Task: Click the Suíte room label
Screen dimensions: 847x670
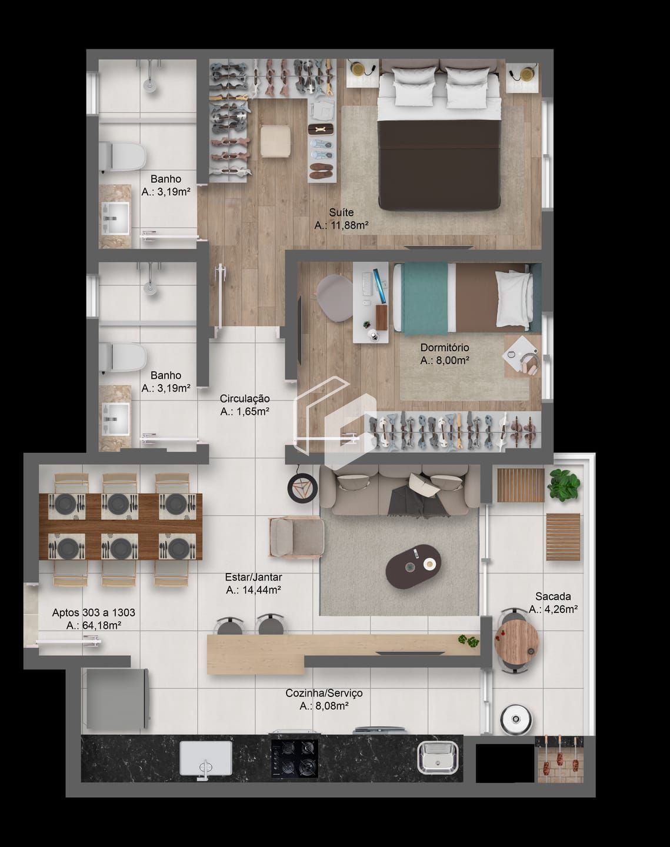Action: tap(341, 212)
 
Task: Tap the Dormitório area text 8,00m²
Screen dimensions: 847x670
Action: tap(444, 361)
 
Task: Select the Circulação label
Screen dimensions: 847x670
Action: tap(245, 399)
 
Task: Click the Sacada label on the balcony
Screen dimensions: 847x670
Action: tap(553, 596)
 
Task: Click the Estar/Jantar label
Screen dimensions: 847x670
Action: tap(253, 577)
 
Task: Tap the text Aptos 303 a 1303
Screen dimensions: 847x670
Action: tap(94, 612)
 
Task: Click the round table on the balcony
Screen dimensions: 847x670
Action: tap(516, 641)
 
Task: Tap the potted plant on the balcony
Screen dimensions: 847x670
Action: tap(564, 485)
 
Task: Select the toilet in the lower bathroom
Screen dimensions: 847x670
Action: tap(124, 357)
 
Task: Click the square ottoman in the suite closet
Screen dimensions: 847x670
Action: tap(275, 141)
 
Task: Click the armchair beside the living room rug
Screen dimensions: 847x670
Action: tap(296, 536)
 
